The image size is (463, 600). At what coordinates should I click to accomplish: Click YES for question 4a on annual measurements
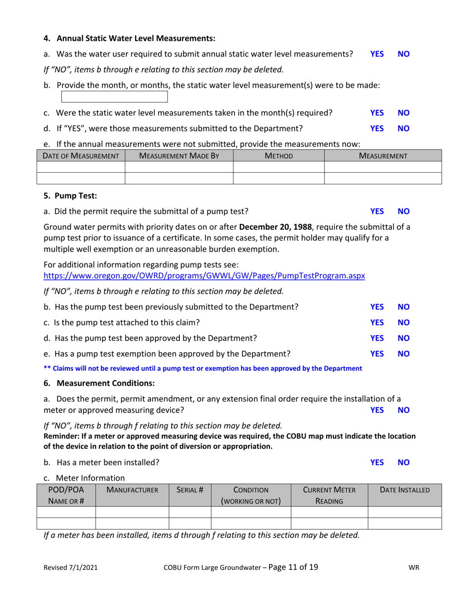tap(377, 55)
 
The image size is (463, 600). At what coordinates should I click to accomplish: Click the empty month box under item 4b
tap(115, 97)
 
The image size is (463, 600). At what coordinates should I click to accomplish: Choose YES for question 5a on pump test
tap(377, 212)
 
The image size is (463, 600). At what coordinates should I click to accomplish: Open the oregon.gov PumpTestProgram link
tap(204, 276)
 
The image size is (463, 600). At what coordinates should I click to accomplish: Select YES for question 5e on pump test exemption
tap(377, 353)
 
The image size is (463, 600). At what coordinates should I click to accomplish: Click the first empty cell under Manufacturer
tap(132, 512)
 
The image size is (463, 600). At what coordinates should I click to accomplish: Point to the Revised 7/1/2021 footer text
tap(71, 568)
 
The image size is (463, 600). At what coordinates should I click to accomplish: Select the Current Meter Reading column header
tap(329, 495)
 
